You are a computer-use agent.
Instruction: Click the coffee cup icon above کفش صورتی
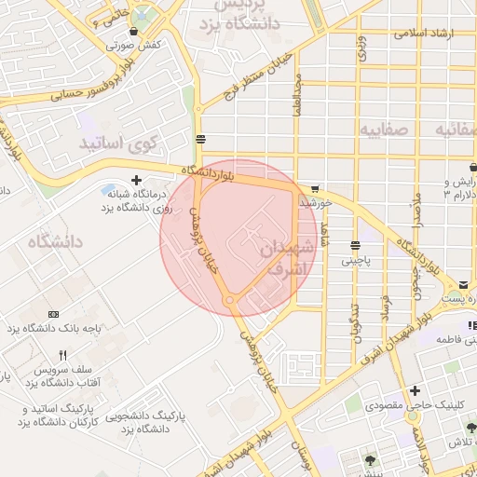134,31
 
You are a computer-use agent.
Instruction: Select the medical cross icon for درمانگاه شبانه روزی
137,180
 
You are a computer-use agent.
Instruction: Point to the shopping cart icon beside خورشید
315,187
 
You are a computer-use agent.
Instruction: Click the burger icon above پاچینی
355,246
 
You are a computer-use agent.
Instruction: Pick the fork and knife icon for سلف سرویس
62,355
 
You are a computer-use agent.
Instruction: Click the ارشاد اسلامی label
424,33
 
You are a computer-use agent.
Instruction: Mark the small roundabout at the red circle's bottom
229,300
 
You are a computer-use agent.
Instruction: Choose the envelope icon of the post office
463,285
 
